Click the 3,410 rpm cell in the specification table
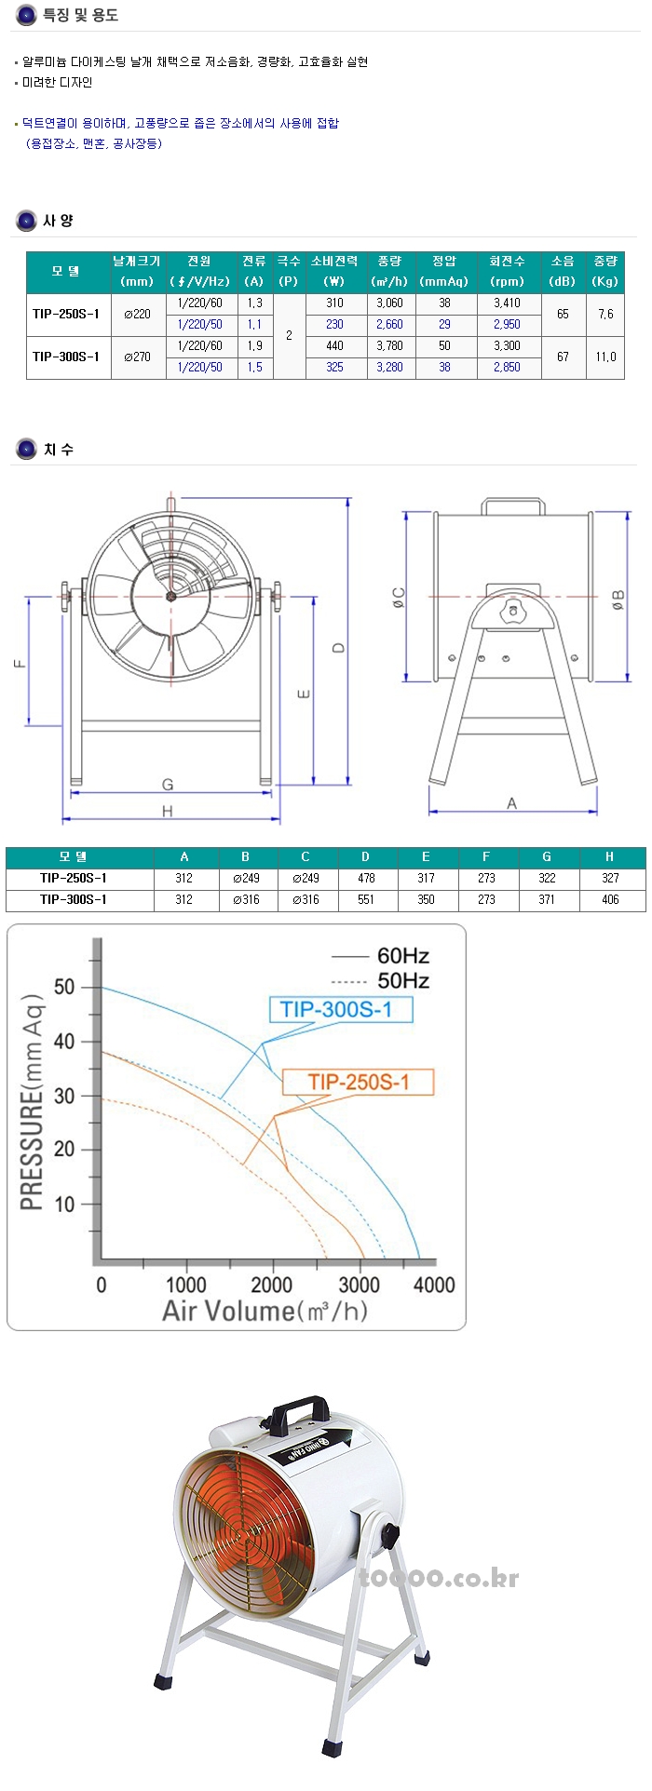tap(507, 303)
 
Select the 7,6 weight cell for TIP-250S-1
tap(605, 314)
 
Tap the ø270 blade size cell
tap(137, 357)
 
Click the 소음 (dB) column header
tap(563, 271)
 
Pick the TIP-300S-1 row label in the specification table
tap(66, 357)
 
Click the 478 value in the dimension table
tap(365, 878)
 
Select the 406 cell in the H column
tap(610, 899)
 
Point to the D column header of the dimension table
tap(365, 856)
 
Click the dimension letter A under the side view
tap(511, 802)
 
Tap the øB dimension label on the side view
tap(618, 600)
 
